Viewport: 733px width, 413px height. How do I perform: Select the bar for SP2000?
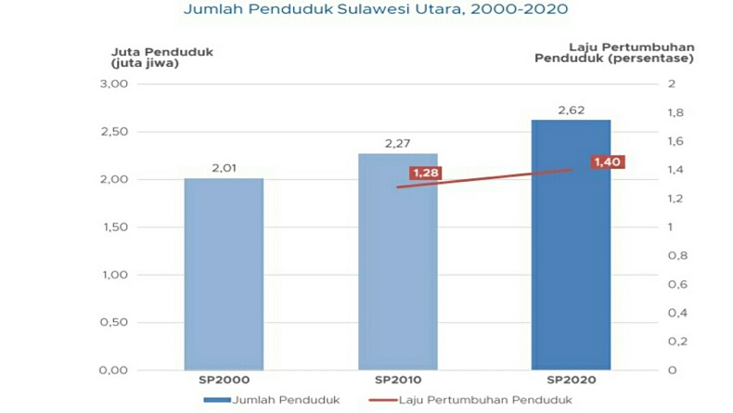pyautogui.click(x=224, y=274)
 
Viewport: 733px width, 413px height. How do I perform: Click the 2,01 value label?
pyautogui.click(x=224, y=168)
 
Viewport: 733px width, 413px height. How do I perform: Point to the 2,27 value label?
pyautogui.click(x=397, y=143)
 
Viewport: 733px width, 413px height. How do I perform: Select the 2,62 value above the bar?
pyautogui.click(x=570, y=110)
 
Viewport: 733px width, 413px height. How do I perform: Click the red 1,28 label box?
pyautogui.click(x=427, y=174)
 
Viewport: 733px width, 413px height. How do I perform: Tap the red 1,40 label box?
pyautogui.click(x=608, y=162)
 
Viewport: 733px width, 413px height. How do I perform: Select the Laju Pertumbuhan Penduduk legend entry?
pyautogui.click(x=472, y=399)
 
